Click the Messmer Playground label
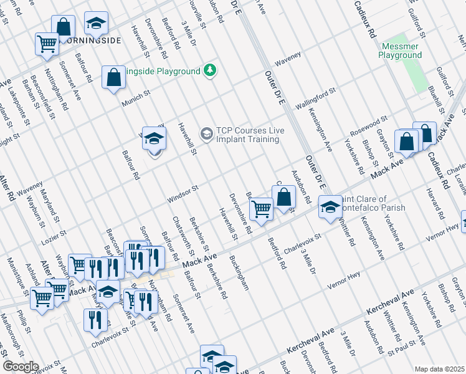pos(399,50)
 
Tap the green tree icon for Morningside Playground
pos(211,70)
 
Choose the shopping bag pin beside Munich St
pos(113,78)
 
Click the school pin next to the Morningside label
pos(95,24)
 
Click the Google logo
pos(20,367)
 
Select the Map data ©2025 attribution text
pos(439,369)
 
